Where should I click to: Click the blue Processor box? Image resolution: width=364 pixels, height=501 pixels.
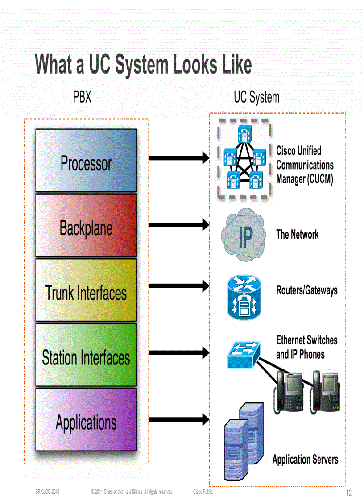pos(86,161)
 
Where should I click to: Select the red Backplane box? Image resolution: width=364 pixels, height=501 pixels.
pos(86,226)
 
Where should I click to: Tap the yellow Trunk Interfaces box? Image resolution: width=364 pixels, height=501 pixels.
pos(86,290)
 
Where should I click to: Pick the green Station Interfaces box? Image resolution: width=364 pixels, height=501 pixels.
pos(86,355)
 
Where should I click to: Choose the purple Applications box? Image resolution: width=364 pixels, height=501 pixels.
pos(86,419)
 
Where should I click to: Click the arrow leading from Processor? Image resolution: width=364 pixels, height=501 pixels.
pos(178,157)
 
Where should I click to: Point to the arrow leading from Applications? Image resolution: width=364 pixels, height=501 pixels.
pos(178,419)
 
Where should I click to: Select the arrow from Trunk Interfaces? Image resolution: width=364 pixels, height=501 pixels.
pos(178,286)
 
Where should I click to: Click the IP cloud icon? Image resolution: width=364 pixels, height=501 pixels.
pos(244,235)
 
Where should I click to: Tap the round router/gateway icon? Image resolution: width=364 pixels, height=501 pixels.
pos(244,297)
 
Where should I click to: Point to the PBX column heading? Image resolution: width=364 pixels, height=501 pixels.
pos(82,97)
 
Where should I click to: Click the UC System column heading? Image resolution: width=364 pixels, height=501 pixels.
pos(256,97)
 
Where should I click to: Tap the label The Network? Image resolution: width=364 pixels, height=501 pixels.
pos(297,234)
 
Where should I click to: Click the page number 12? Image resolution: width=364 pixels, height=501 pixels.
pos(349,493)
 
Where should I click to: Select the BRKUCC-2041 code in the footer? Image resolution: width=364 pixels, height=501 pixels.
pos(48,492)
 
